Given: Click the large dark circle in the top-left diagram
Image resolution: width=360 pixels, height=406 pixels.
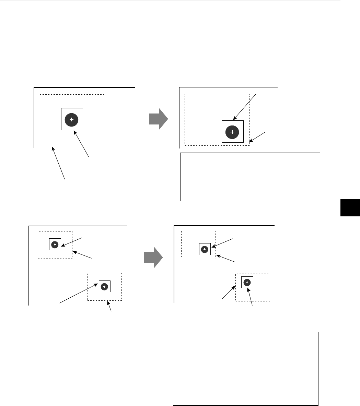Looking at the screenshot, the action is (x=71, y=120).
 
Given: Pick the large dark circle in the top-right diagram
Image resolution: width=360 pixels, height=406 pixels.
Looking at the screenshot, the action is (x=232, y=132).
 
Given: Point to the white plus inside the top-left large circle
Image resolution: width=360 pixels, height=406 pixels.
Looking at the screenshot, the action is (x=71, y=120).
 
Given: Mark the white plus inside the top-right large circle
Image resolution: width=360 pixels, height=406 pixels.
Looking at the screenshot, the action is (x=232, y=132).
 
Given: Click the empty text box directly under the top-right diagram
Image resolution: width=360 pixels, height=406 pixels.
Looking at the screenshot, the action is (x=250, y=177).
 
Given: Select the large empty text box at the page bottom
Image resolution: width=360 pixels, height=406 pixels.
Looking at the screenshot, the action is (x=245, y=368).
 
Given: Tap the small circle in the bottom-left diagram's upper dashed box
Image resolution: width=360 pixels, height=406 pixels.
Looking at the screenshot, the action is (x=55, y=244).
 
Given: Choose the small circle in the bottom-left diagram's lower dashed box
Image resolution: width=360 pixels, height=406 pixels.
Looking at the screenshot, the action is (x=105, y=286).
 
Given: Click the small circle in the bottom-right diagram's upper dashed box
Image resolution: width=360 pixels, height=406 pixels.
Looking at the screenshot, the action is (x=205, y=249).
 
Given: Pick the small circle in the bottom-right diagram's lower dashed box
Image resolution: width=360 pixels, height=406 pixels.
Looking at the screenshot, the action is (x=247, y=282).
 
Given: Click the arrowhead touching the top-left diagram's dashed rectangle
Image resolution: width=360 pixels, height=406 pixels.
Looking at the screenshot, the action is (x=52, y=147).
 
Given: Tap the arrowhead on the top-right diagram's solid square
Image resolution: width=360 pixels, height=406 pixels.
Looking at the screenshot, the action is (x=234, y=119).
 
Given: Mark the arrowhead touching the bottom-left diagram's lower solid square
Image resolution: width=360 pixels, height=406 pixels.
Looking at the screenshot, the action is (x=98, y=284).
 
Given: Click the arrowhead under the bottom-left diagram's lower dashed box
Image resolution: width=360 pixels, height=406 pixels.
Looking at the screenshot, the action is (x=108, y=302).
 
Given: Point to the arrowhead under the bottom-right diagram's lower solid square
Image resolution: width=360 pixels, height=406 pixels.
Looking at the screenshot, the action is (x=249, y=289).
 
